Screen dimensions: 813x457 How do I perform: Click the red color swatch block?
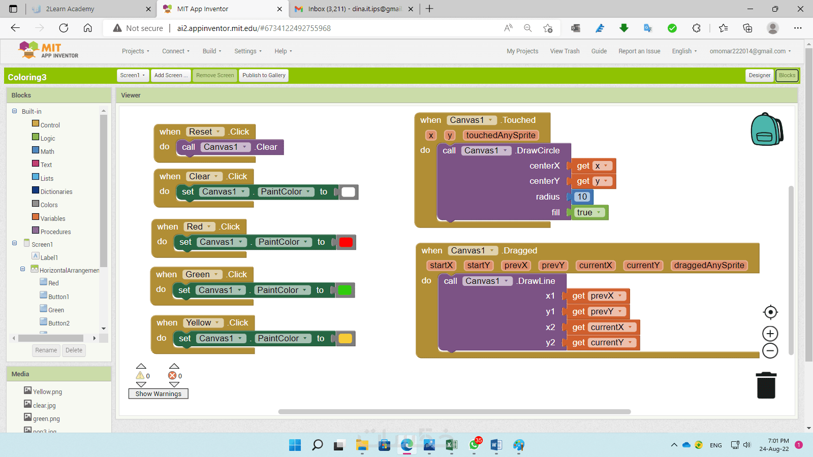click(345, 242)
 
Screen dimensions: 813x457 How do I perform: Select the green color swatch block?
click(344, 290)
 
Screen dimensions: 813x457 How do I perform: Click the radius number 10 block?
click(582, 197)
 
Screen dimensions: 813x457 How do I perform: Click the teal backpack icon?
click(767, 129)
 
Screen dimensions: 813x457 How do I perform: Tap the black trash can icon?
click(766, 385)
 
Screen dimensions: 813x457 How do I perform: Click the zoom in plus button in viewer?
click(770, 334)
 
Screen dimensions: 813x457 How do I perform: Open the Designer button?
click(759, 76)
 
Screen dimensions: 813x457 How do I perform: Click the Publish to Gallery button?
click(264, 76)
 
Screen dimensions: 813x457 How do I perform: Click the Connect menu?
click(176, 51)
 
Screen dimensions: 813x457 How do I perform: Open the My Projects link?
click(522, 51)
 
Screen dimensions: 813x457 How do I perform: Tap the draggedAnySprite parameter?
click(709, 266)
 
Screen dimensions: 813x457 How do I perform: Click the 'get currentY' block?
click(603, 342)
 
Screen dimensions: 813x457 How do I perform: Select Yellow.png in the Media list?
click(43, 391)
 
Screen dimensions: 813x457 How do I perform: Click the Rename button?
click(46, 350)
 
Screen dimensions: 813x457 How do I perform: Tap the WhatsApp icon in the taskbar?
click(474, 445)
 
